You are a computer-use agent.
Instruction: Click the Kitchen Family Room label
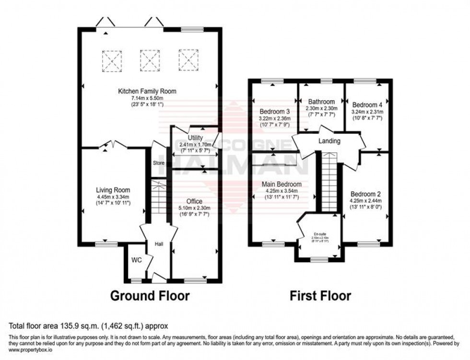(x=148, y=91)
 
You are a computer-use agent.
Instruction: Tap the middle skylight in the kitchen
(x=150, y=60)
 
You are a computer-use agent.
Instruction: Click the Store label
(x=159, y=163)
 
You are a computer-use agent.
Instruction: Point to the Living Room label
(x=113, y=190)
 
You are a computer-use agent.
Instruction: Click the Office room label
(x=194, y=201)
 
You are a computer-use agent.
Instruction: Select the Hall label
(x=159, y=244)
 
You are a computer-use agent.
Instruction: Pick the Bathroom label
(x=321, y=102)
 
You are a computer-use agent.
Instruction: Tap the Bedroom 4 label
(x=367, y=105)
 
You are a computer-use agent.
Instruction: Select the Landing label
(x=329, y=141)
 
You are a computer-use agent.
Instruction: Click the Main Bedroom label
(x=282, y=184)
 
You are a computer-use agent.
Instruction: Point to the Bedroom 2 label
(x=366, y=195)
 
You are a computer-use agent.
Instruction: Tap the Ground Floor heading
(x=150, y=296)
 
